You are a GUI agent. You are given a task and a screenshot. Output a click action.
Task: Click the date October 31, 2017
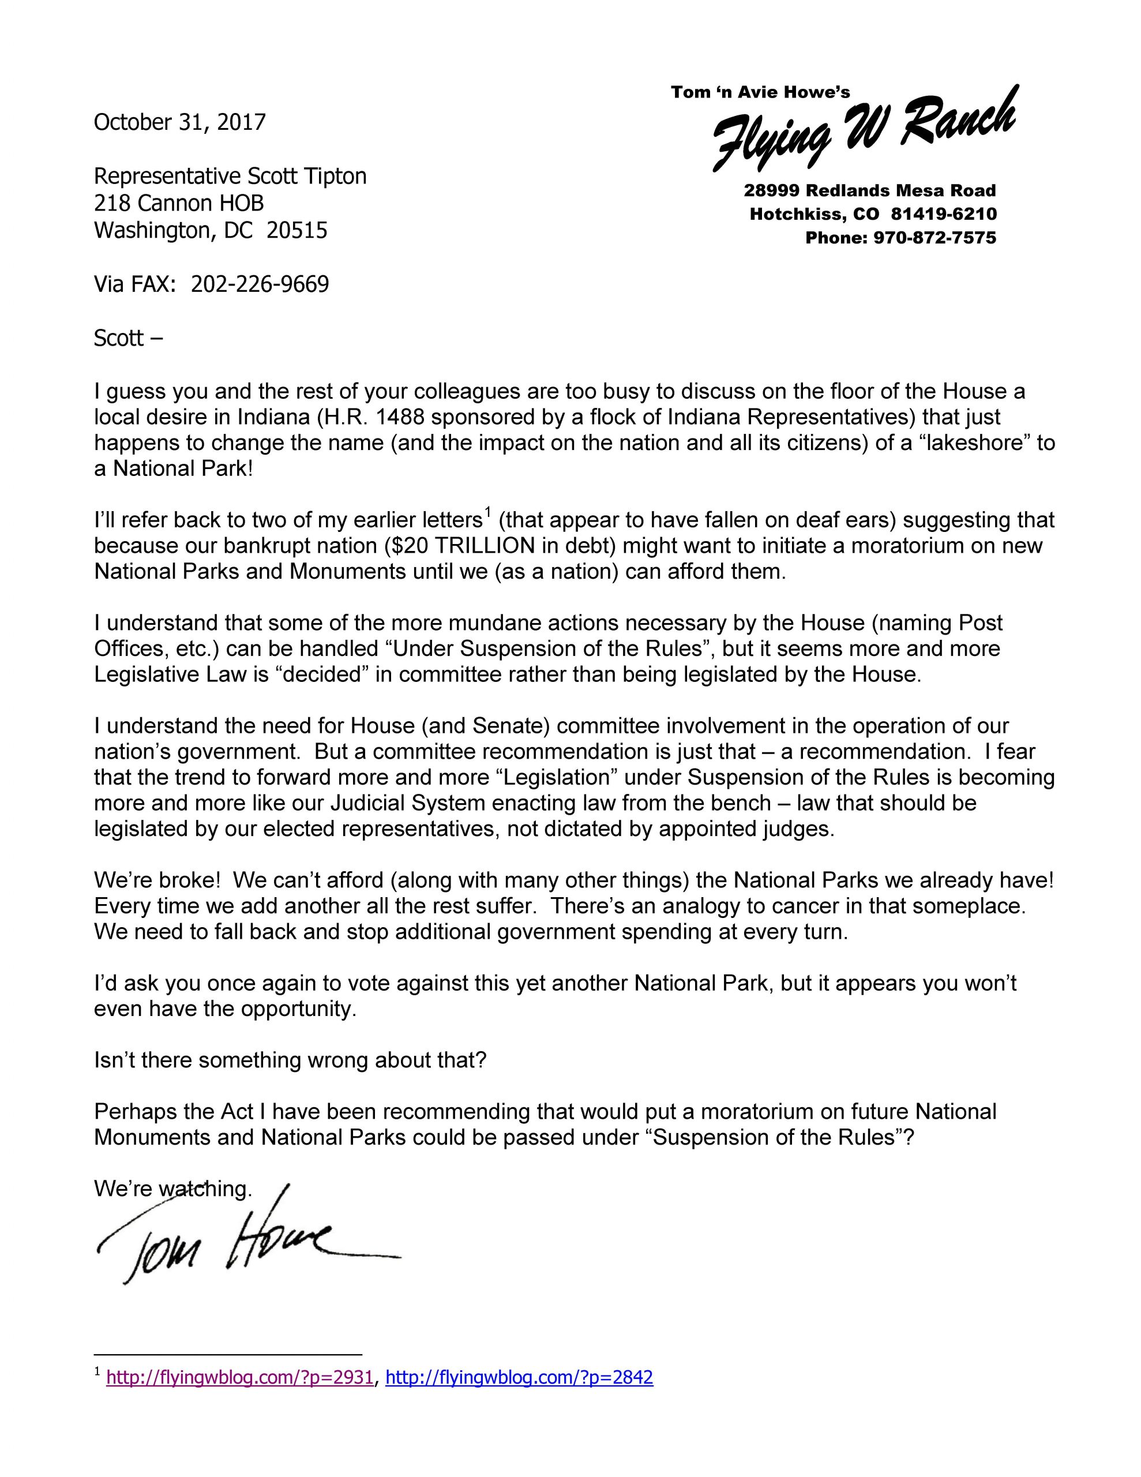coord(180,122)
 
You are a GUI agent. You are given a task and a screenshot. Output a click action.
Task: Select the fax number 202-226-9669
coord(260,284)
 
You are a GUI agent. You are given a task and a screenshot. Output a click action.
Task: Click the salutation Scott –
coord(128,338)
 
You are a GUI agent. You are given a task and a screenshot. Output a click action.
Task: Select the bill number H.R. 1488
coord(371,417)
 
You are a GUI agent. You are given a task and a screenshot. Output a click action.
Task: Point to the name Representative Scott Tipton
coord(230,177)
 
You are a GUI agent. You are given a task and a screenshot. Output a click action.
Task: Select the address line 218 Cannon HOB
coord(179,204)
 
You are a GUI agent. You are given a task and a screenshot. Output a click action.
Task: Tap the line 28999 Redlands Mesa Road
coord(870,191)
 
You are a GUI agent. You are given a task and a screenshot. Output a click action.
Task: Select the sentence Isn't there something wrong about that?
coord(290,1060)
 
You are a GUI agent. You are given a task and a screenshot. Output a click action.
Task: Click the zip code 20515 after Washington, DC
coord(297,231)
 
